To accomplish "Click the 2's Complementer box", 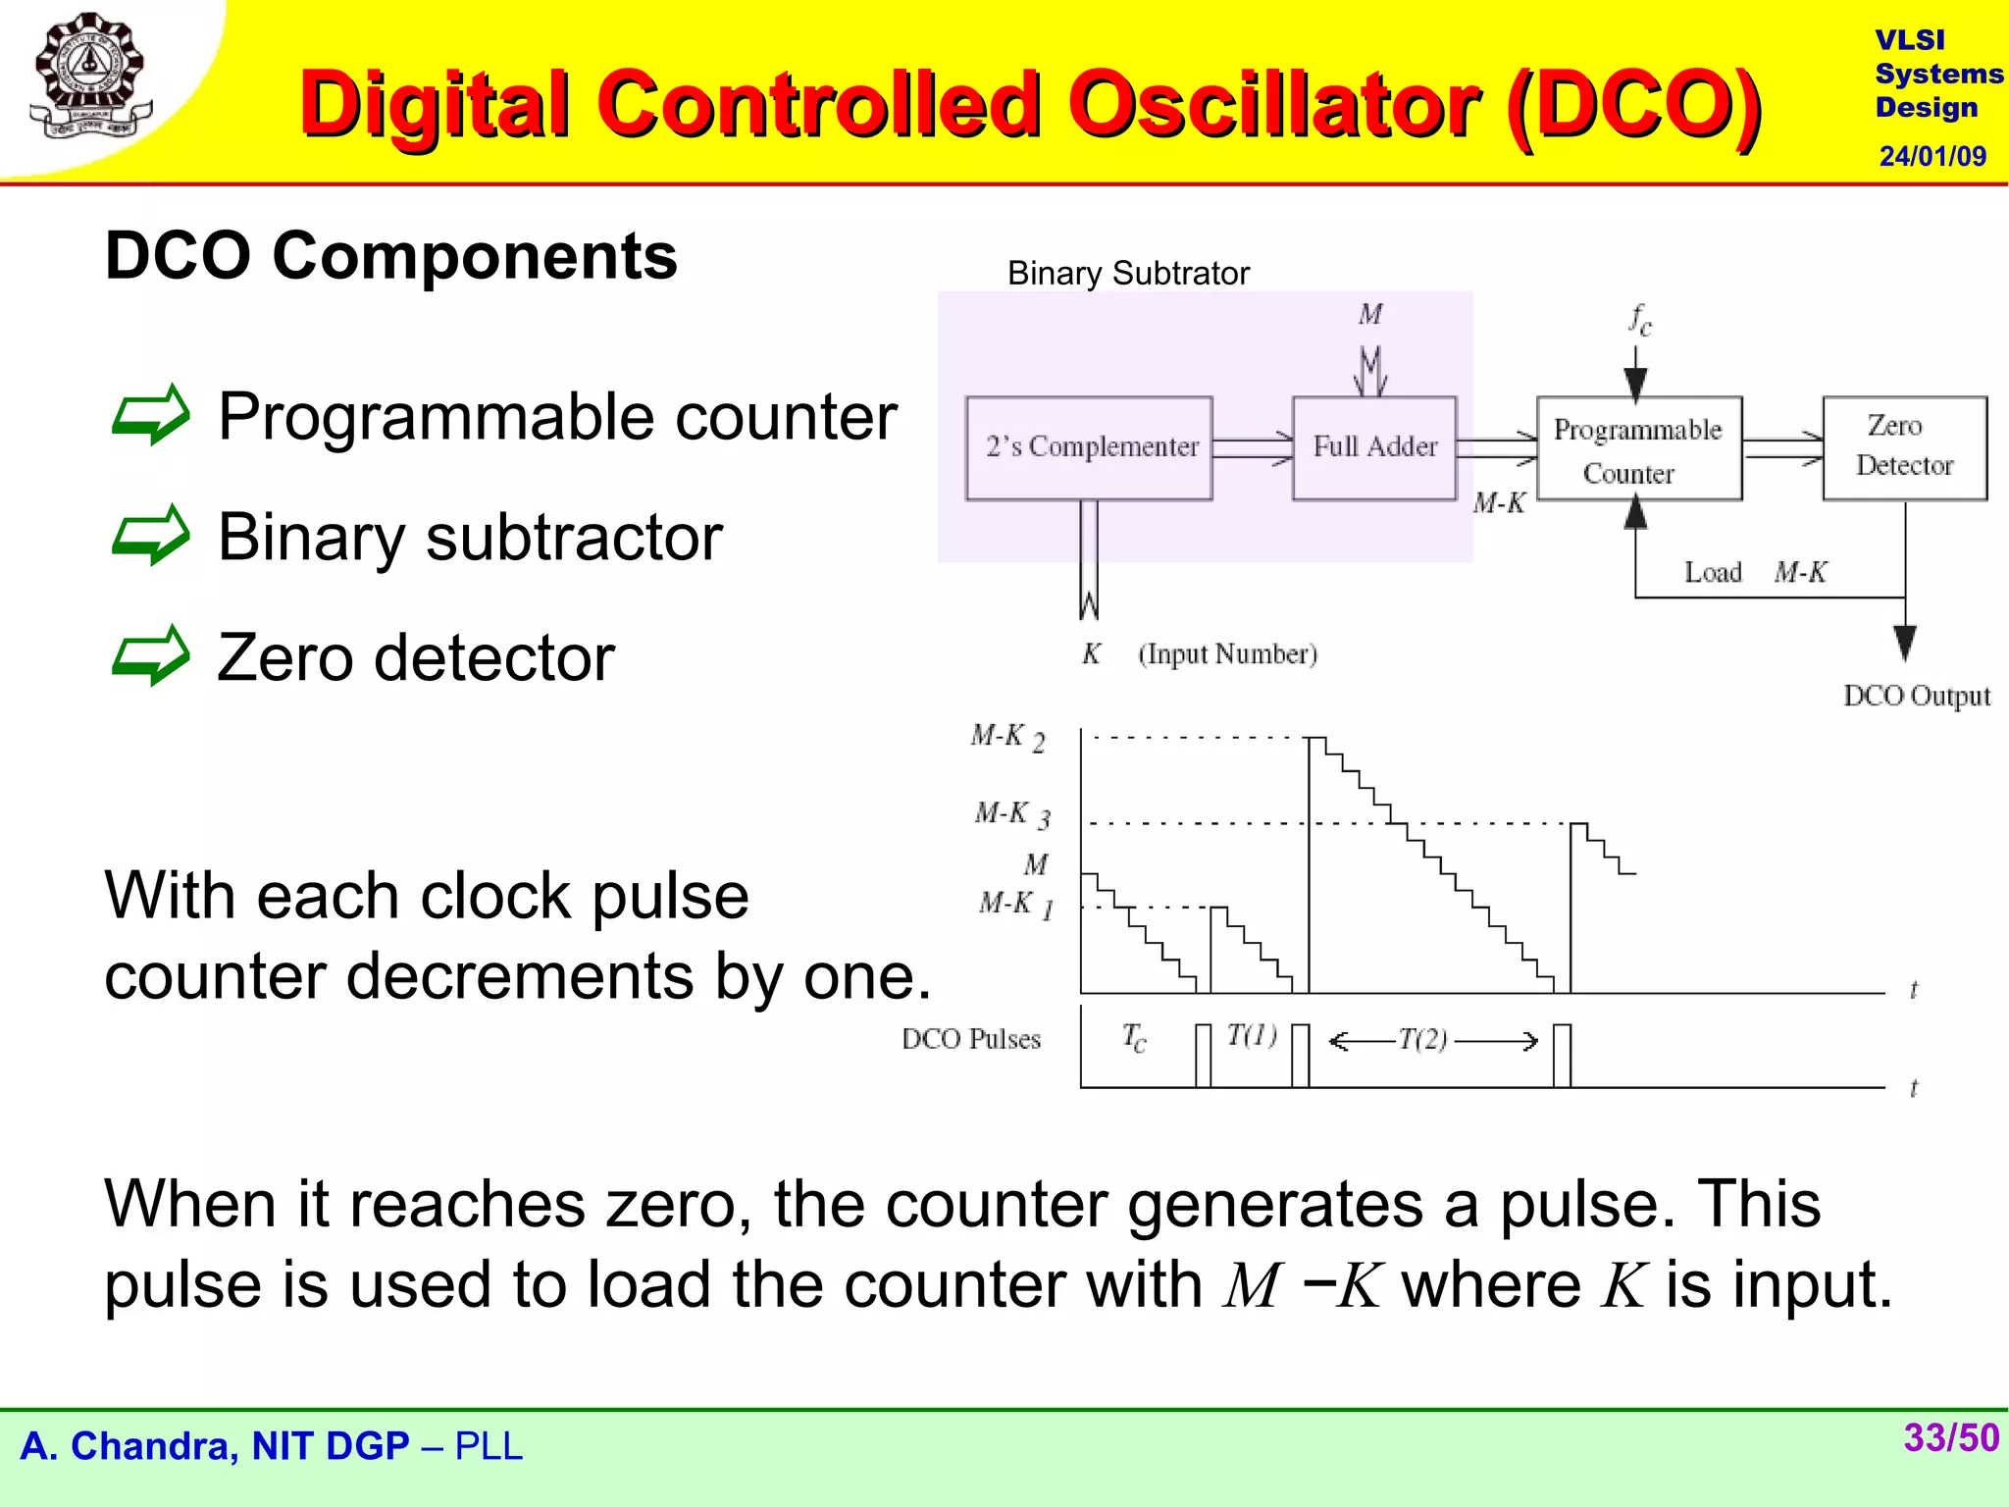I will pyautogui.click(x=1089, y=448).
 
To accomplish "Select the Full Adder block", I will pyautogui.click(x=1373, y=448).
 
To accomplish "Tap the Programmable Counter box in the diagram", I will pyautogui.click(x=1638, y=449).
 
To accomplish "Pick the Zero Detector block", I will pyautogui.click(x=1904, y=447).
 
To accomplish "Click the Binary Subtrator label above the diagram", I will pyautogui.click(x=1128, y=274).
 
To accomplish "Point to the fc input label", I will pyautogui.click(x=1639, y=320).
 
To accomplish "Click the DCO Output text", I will pyautogui.click(x=1916, y=696).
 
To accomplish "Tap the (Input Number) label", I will pyautogui.click(x=1227, y=654).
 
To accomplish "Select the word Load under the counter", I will pyautogui.click(x=1713, y=572).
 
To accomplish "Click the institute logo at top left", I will pyautogui.click(x=90, y=77).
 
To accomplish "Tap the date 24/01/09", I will pyautogui.click(x=1932, y=156).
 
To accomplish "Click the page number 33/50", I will pyautogui.click(x=1950, y=1438).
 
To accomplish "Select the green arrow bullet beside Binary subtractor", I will pyautogui.click(x=150, y=536).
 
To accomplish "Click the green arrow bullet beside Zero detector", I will pyautogui.click(x=150, y=656).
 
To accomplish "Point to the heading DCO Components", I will pyautogui.click(x=390, y=255).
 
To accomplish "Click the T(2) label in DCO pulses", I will pyautogui.click(x=1422, y=1039).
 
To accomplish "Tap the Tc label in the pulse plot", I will pyautogui.click(x=1133, y=1037).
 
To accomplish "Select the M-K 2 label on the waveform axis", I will pyautogui.click(x=1007, y=737).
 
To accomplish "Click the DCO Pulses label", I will pyautogui.click(x=971, y=1039).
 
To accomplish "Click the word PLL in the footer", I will pyautogui.click(x=489, y=1447).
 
